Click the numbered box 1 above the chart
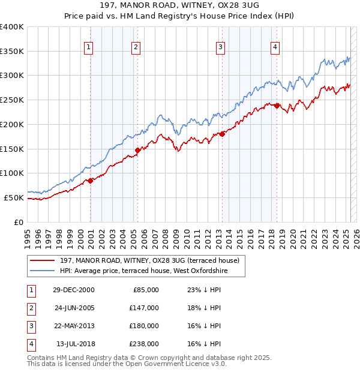89,47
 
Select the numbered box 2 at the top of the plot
136,47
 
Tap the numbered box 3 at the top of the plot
220,47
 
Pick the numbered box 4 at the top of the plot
275,47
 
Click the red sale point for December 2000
91,180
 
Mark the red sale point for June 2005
137,150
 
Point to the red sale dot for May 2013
221,134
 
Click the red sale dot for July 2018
277,106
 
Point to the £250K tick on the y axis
12,100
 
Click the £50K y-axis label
14,197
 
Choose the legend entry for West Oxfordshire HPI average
144,271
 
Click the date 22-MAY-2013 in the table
74,326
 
